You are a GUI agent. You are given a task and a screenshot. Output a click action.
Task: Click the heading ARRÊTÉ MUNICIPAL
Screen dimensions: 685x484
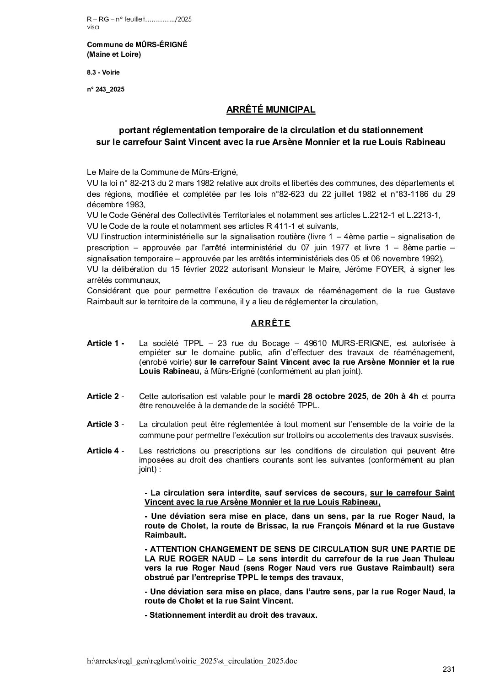click(x=271, y=110)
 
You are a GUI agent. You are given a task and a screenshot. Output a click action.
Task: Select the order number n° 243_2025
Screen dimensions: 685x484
click(x=106, y=90)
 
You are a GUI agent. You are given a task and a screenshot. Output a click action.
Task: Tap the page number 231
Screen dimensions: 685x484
click(x=448, y=670)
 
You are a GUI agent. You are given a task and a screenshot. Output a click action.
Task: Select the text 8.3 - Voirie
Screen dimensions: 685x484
click(x=103, y=72)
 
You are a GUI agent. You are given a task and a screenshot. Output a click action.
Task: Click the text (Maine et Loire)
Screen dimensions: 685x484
click(x=114, y=55)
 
